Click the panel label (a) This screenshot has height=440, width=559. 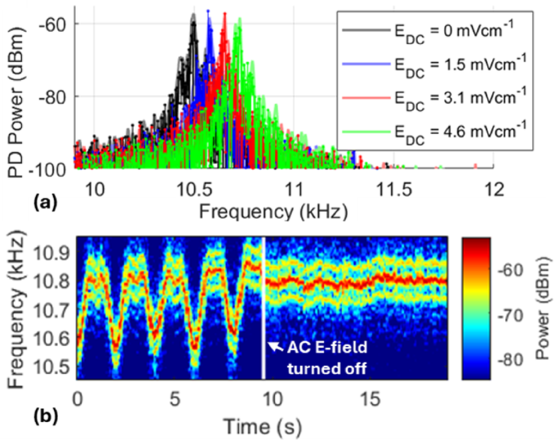(x=17, y=204)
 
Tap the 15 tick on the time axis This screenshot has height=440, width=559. (x=371, y=400)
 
